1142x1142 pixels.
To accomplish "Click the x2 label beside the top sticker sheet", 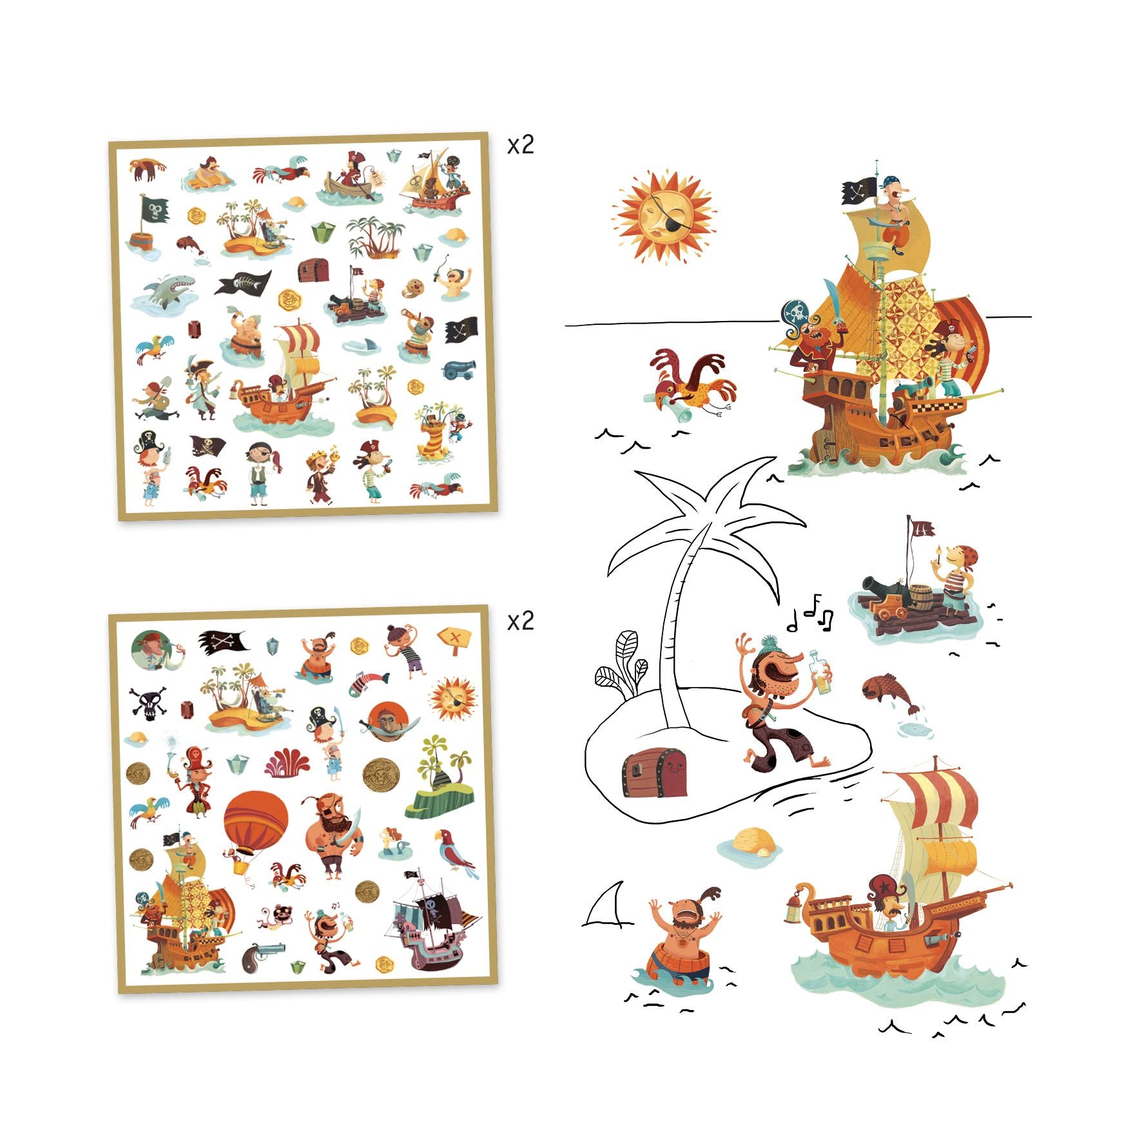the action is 521,146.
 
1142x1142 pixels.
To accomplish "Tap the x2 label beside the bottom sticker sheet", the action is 521,621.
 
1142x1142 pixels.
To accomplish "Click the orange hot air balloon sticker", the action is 255,826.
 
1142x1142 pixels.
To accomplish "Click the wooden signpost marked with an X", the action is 454,639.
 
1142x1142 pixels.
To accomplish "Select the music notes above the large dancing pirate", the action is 811,612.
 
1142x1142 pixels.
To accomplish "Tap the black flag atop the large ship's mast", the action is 860,191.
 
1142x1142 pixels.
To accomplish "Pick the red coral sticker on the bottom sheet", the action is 287,762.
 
